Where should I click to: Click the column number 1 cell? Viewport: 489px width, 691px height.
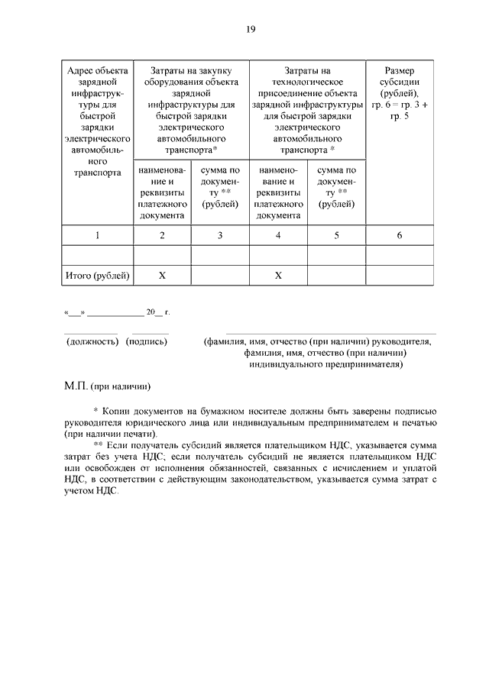click(x=98, y=235)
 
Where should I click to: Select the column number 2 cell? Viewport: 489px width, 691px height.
click(x=162, y=235)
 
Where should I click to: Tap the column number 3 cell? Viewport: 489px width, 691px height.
click(x=220, y=235)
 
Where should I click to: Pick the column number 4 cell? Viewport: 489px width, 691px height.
click(x=278, y=235)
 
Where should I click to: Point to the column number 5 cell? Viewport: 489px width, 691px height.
click(x=336, y=235)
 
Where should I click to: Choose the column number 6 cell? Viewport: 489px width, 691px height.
click(x=399, y=235)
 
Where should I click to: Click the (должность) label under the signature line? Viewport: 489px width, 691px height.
click(x=92, y=342)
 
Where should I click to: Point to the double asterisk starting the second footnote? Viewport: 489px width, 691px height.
click(x=98, y=444)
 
